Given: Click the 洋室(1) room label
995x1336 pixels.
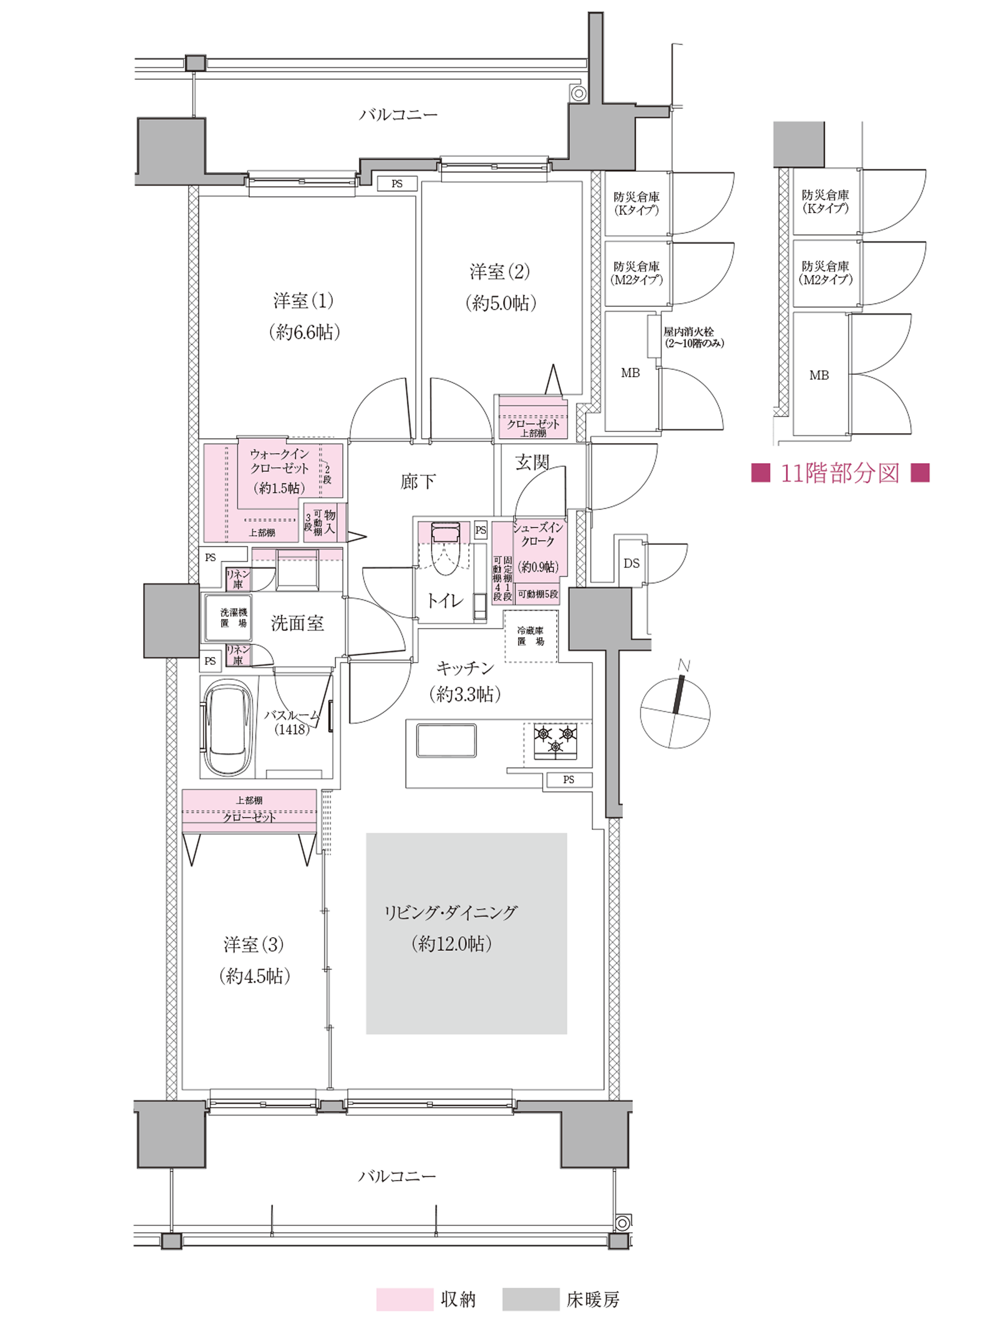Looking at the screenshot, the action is (x=303, y=301).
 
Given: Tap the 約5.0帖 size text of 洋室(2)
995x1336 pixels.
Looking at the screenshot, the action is (x=500, y=303).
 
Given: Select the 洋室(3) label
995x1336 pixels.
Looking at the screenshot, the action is (x=254, y=945).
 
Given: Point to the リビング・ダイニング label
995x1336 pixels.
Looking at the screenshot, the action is (x=451, y=913).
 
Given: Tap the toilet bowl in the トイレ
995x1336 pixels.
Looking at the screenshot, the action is (x=446, y=553).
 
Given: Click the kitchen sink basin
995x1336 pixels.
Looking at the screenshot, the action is (x=446, y=740).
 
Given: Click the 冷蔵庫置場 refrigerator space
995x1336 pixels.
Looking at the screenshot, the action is (x=531, y=637).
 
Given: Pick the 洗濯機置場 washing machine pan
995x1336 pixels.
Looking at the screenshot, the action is (x=228, y=618).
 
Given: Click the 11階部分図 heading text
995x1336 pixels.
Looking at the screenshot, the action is (x=840, y=473).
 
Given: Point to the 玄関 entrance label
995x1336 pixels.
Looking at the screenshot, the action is (x=532, y=462).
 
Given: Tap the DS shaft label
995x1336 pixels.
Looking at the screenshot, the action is (x=631, y=564).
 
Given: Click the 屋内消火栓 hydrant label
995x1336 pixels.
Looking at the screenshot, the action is (x=688, y=332).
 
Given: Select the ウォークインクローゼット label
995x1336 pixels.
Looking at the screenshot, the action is (x=280, y=461).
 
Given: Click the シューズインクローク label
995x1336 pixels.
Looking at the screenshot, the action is (x=538, y=534).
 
